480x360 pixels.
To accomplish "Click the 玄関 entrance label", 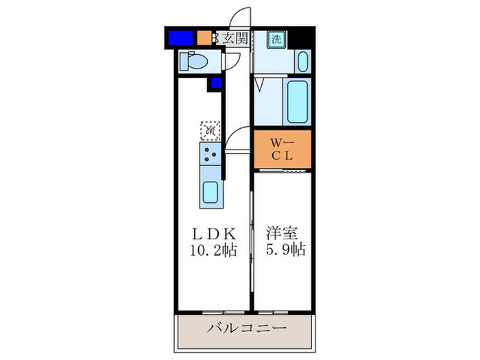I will point(233,38).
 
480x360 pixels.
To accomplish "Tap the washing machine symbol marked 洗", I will point(275,39).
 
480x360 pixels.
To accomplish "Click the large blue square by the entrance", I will point(180,38).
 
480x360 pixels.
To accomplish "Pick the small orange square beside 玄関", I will point(204,38).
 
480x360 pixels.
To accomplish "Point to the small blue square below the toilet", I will point(216,84).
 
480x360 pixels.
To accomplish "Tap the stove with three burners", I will point(211,156).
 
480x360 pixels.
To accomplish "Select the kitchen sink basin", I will point(211,191).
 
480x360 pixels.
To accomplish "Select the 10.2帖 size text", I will point(213,250).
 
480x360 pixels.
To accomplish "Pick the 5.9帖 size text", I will point(285,250).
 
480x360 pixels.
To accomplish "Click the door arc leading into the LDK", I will point(236,140).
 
